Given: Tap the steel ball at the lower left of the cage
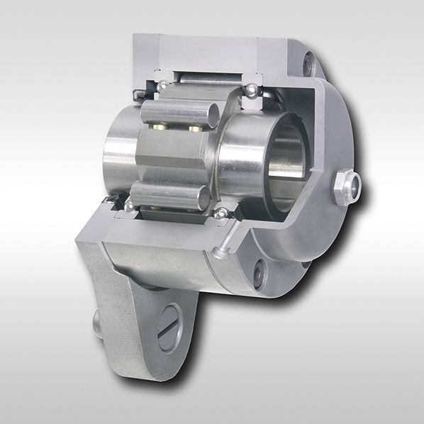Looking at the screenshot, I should pyautogui.click(x=129, y=206).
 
